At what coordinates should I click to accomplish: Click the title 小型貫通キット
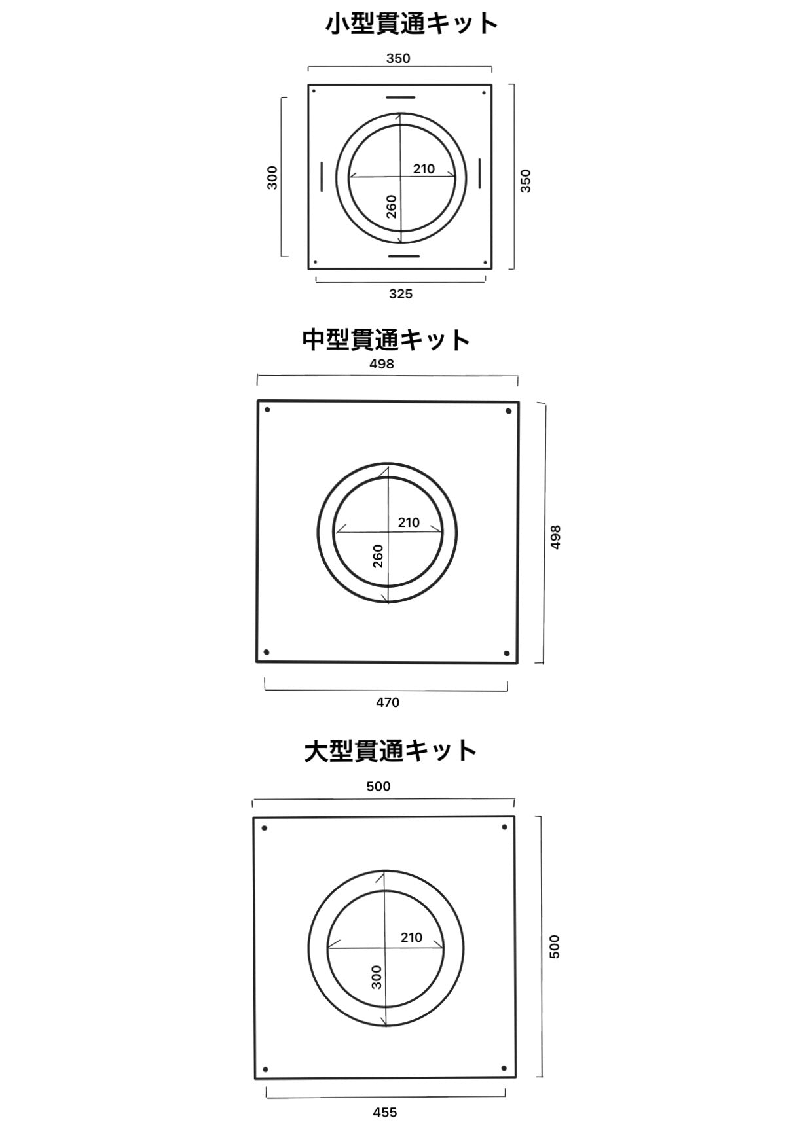pos(412,24)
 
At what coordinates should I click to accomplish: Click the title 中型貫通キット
pos(386,339)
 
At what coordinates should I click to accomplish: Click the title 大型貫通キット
pos(390,750)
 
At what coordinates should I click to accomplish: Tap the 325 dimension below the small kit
pos(401,294)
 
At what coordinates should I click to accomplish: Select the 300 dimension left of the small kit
pos(272,178)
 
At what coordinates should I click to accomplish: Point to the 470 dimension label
pos(388,702)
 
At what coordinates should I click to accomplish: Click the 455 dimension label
pos(385,1112)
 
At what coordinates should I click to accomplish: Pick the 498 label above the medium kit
pos(382,364)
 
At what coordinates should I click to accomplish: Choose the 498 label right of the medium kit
pos(555,537)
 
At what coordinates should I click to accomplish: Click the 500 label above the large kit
pos(378,786)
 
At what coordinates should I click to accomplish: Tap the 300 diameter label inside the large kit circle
pos(377,977)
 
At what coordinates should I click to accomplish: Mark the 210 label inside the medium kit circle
pos(409,522)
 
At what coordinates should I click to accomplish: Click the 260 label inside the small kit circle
pos(392,207)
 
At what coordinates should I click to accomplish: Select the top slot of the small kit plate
pos(400,98)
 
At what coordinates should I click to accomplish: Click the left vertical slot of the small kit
pos(322,176)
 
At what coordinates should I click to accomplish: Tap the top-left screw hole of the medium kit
pos(267,410)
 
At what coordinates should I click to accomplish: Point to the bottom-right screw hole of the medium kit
pos(506,653)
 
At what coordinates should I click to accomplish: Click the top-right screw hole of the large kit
pos(504,827)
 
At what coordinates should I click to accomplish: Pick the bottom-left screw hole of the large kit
pos(265,1070)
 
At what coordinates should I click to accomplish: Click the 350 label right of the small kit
pos(525,181)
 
